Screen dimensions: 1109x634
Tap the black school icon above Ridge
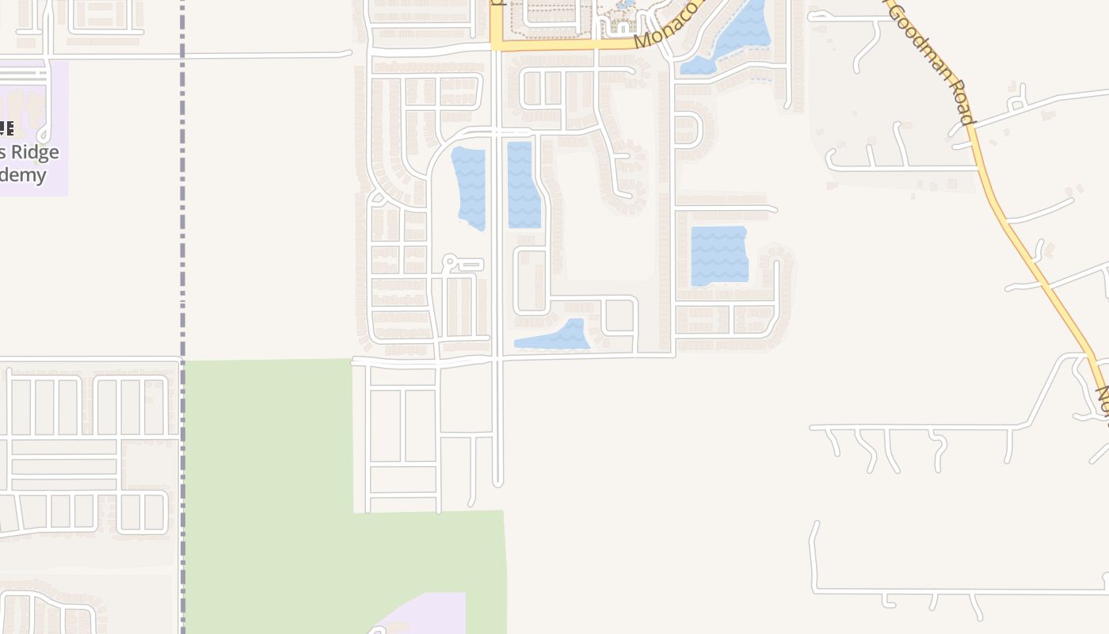pos(6,128)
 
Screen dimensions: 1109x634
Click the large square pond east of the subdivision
pos(719,255)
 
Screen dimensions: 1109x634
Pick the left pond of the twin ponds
pos(469,187)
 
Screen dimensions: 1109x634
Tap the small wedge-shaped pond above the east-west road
pos(558,337)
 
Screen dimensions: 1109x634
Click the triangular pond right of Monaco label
pos(733,36)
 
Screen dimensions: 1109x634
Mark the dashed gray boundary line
pos(182,238)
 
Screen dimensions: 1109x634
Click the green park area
pos(269,491)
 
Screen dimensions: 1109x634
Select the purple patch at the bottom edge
pos(432,614)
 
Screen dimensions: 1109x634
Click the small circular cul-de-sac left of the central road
pos(449,260)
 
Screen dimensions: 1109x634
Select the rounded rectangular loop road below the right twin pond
pos(531,281)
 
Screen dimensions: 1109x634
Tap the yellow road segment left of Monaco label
pos(554,44)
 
